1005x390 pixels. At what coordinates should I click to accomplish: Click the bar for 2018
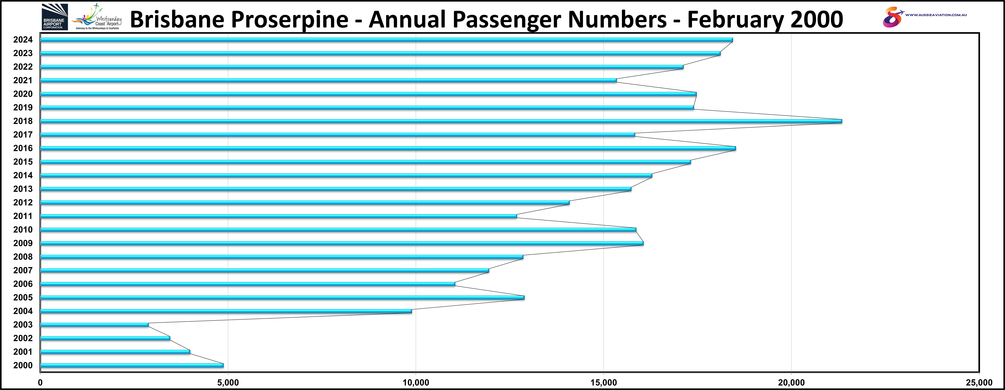441,121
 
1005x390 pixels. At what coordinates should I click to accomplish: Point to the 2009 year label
23,243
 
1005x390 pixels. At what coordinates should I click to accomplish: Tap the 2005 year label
23,298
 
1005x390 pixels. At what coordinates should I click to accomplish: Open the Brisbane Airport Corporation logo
55,17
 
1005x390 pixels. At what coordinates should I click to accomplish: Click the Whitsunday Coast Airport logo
97,17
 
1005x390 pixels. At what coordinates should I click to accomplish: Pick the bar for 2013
336,189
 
